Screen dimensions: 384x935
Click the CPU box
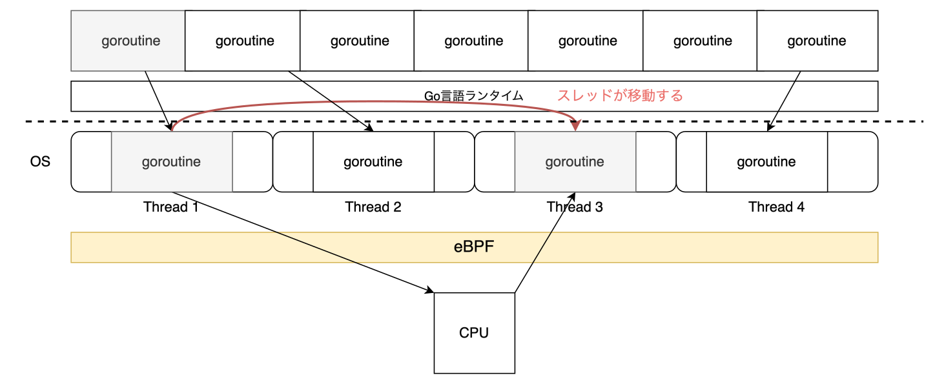click(474, 333)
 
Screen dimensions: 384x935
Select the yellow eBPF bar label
click(474, 247)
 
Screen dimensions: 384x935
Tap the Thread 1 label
click(171, 207)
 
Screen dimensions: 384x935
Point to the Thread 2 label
click(373, 207)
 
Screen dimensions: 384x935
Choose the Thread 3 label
click(575, 207)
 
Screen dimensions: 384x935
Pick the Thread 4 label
click(776, 207)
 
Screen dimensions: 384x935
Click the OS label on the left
click(40, 161)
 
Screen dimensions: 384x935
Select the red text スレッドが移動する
click(620, 96)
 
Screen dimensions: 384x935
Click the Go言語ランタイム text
click(473, 96)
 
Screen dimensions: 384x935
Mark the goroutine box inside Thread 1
click(172, 161)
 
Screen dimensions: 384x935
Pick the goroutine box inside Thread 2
click(373, 161)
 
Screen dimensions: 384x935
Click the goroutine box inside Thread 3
click(575, 161)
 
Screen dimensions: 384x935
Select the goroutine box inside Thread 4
click(766, 161)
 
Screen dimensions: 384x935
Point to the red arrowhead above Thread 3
click(575, 124)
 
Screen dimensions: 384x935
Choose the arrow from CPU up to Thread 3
click(544, 243)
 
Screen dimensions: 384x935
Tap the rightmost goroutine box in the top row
click(817, 41)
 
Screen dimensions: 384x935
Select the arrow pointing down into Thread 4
click(785, 100)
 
